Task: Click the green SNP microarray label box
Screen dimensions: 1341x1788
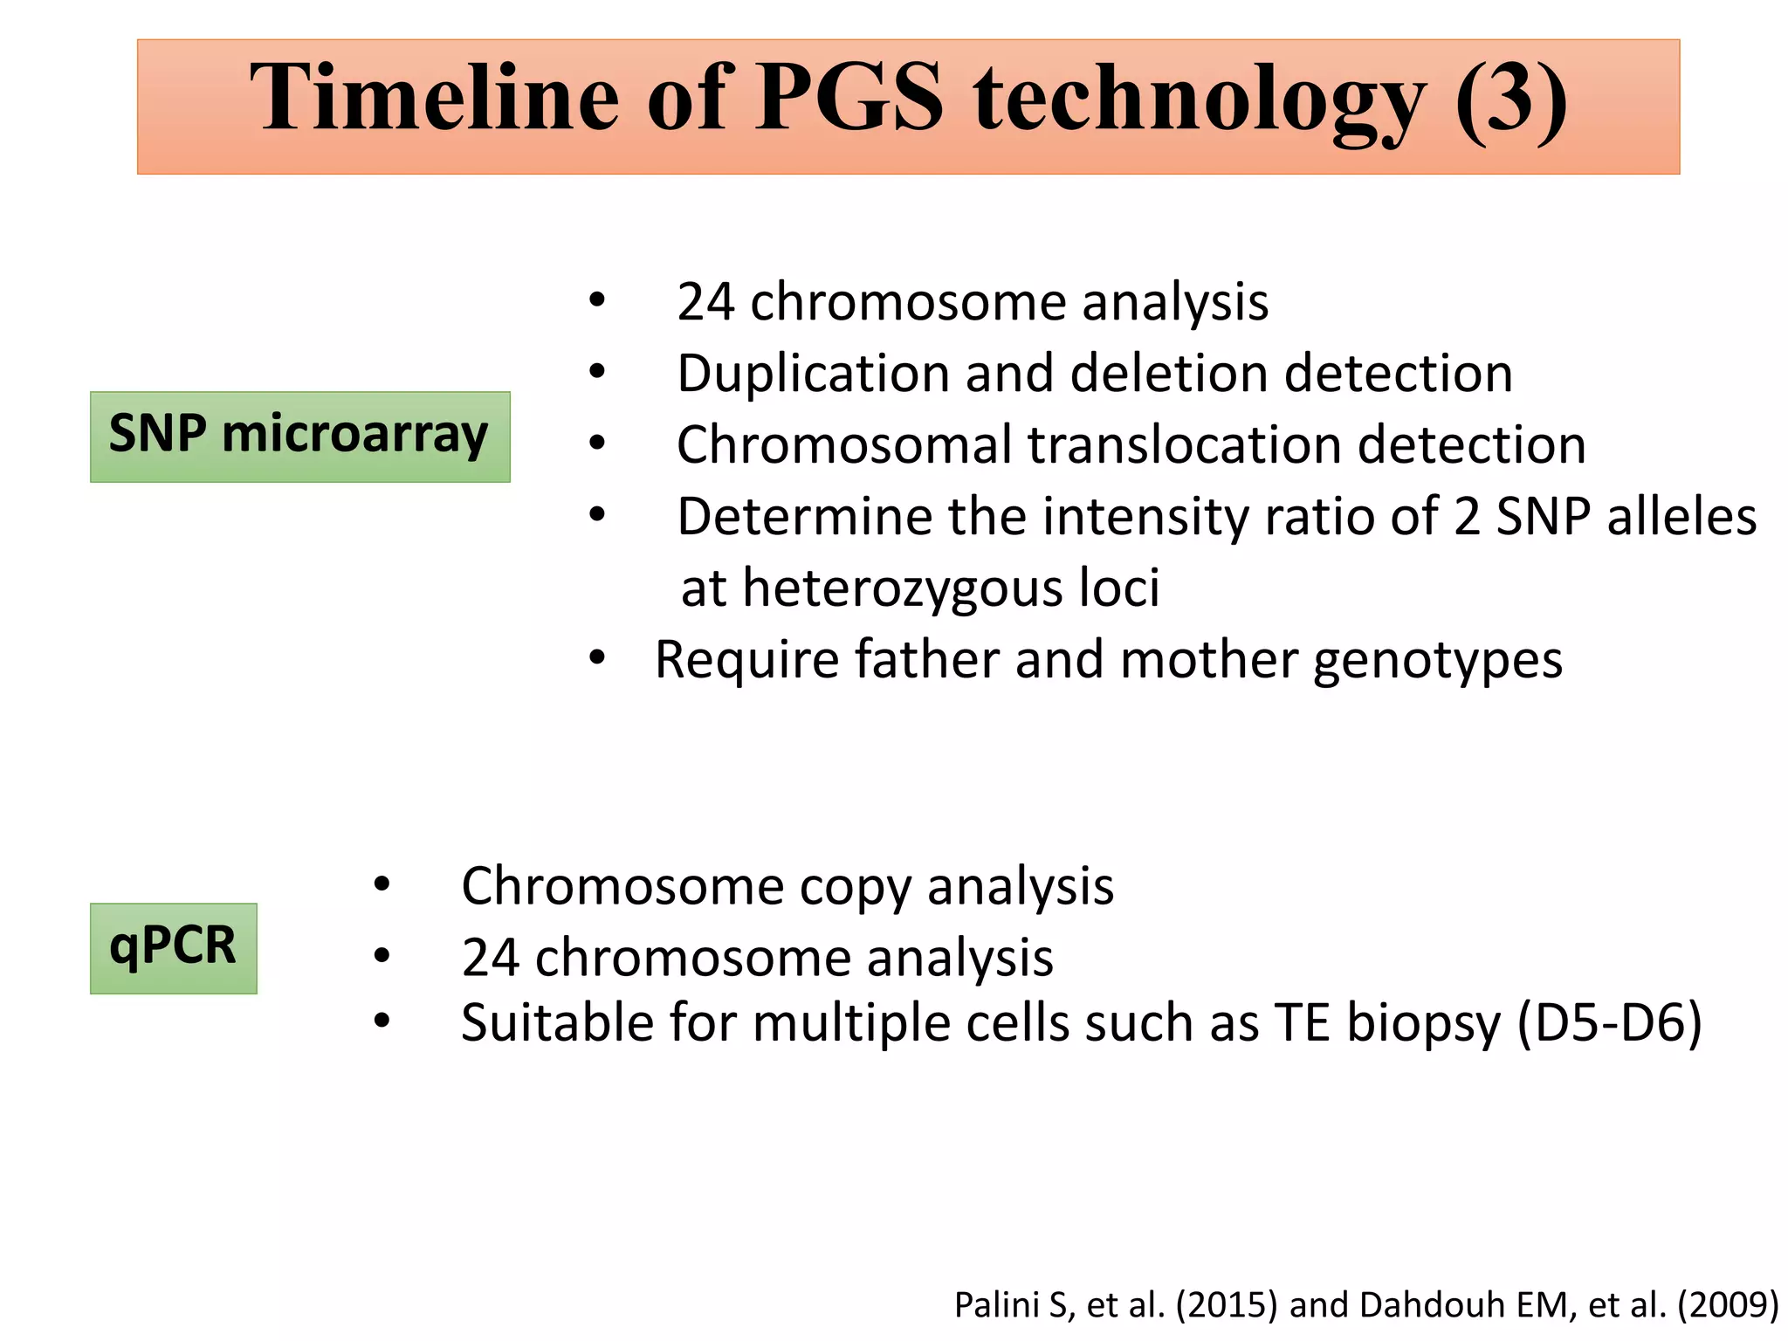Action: (299, 437)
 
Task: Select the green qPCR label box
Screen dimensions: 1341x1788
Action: (173, 948)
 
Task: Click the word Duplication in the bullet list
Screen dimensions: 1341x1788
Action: (812, 375)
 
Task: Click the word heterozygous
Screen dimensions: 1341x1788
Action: (903, 588)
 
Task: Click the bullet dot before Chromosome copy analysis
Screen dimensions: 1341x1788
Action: (382, 885)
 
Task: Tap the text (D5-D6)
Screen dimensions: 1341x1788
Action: (1609, 1022)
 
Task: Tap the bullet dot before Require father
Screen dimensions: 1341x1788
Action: (596, 657)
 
